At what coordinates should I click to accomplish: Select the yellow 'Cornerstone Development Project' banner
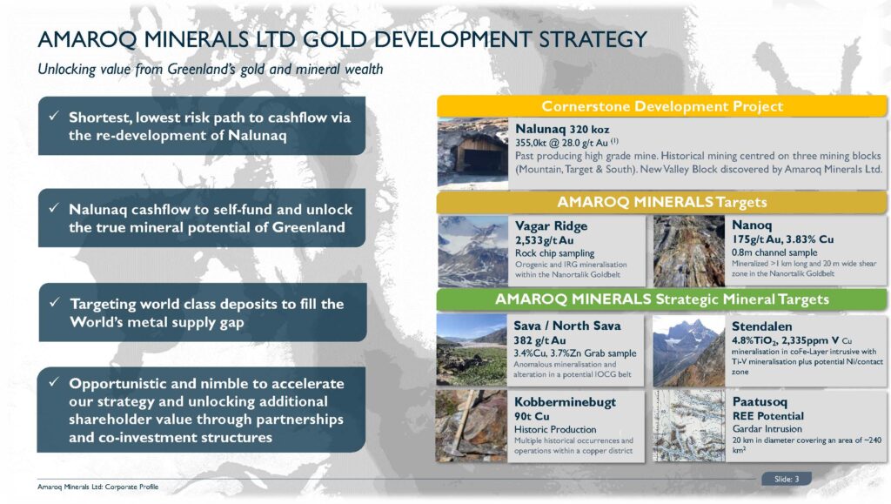(661, 106)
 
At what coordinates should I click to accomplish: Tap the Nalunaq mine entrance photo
(471, 153)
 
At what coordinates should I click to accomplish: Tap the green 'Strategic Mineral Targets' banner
(661, 299)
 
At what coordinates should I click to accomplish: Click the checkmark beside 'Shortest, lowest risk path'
(54, 117)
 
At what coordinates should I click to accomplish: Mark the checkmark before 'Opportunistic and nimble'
(54, 384)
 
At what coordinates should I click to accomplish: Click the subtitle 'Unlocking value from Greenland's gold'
(210, 70)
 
